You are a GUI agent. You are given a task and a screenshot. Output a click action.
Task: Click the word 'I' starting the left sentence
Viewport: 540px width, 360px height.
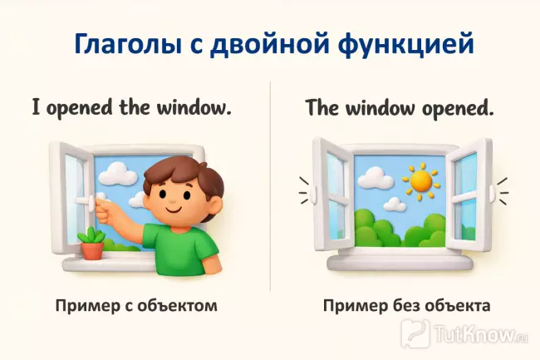coord(37,107)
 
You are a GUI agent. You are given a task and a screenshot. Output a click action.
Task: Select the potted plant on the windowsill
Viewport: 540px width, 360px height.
coord(91,242)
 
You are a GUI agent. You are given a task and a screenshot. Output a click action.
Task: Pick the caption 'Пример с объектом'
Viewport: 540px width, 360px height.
coord(136,306)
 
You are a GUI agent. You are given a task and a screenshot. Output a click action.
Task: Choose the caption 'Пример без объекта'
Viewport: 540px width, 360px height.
coord(407,306)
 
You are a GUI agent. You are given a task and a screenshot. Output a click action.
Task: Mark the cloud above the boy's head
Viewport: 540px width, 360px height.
coord(121,173)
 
